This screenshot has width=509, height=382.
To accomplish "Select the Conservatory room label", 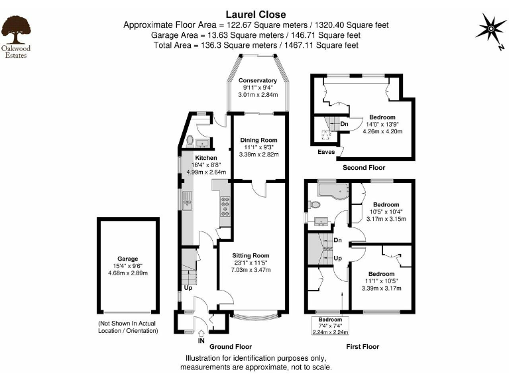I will pos(257,81).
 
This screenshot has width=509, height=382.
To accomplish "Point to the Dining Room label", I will pos(258,140).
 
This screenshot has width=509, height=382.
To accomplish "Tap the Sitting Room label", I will pos(251,255).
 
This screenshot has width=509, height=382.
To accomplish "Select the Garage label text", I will pos(128,259).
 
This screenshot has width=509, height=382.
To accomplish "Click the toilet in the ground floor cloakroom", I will pos(190,141).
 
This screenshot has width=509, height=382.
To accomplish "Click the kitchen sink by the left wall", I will pos(187,199).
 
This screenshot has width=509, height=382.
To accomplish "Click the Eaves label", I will pos(325,151).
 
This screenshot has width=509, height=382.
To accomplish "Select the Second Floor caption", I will pos(362,168).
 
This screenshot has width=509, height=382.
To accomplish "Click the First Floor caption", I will pos(363,346).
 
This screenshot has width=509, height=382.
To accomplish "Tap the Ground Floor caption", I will pos(231,346).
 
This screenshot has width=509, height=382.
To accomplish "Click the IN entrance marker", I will pos(201,341).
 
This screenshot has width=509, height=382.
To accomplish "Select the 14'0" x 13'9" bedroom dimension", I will pos(382,124).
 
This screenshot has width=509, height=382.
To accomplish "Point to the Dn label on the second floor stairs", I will pos(345,123).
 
